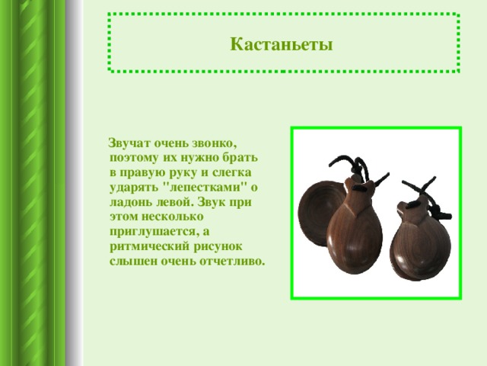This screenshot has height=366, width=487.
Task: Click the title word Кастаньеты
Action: tap(282, 44)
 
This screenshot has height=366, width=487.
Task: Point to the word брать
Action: tap(240, 157)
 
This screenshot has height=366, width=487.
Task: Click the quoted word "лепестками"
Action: tap(205, 187)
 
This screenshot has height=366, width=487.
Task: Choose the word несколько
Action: tap(173, 217)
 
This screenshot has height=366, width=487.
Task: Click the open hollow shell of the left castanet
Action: tap(317, 212)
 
